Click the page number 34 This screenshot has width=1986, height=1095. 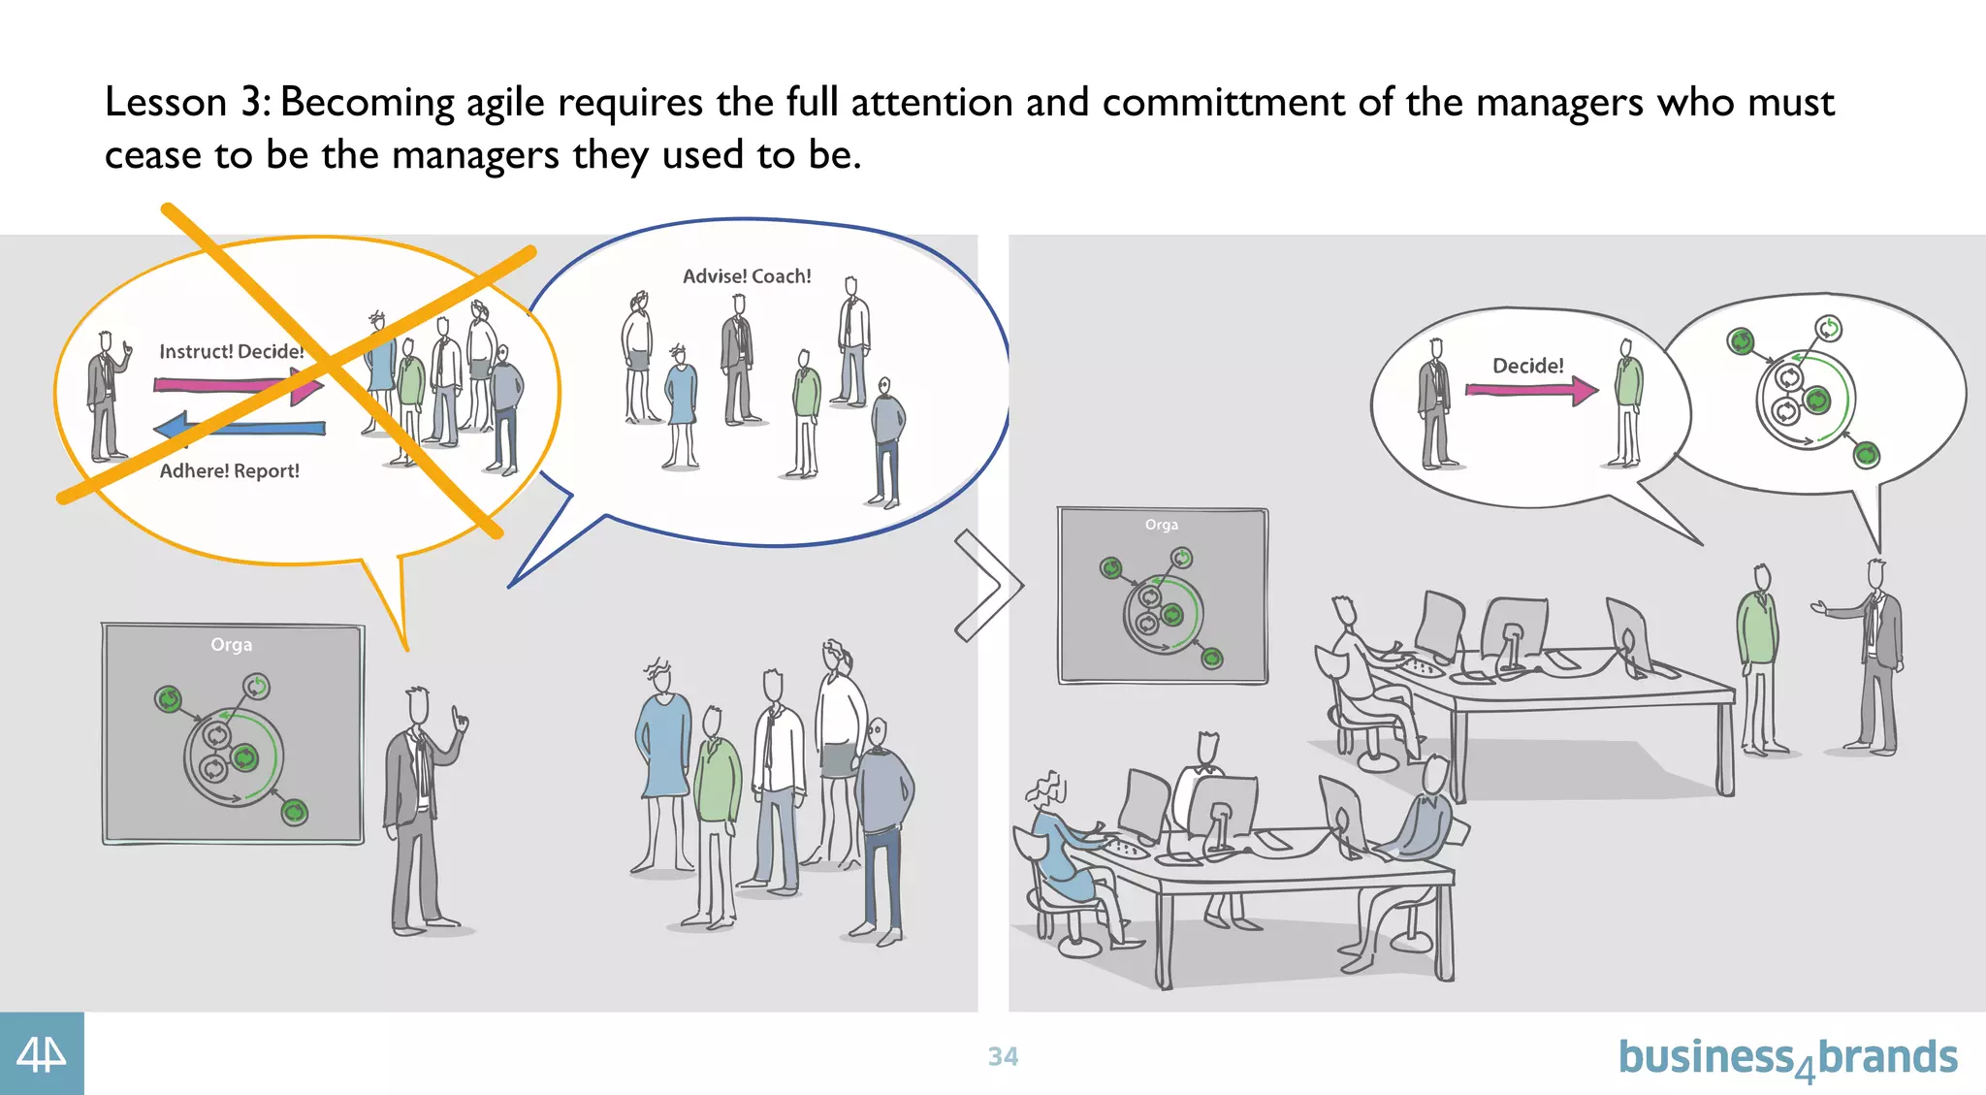1003,1056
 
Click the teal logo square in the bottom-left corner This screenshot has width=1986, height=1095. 42,1054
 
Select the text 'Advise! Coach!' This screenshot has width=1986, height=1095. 747,276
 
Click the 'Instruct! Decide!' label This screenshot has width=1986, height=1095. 232,351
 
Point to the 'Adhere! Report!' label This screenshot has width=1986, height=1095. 230,471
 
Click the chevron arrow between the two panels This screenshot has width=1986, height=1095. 989,585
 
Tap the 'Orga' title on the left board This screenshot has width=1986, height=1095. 231,645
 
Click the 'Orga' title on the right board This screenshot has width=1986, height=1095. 1161,525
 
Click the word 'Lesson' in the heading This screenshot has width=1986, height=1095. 166,103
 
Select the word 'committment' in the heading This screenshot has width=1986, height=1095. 1223,103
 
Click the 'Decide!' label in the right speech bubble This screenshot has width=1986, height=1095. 1527,366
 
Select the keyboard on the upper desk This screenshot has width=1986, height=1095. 1422,667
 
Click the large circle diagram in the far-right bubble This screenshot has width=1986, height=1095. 1805,399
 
